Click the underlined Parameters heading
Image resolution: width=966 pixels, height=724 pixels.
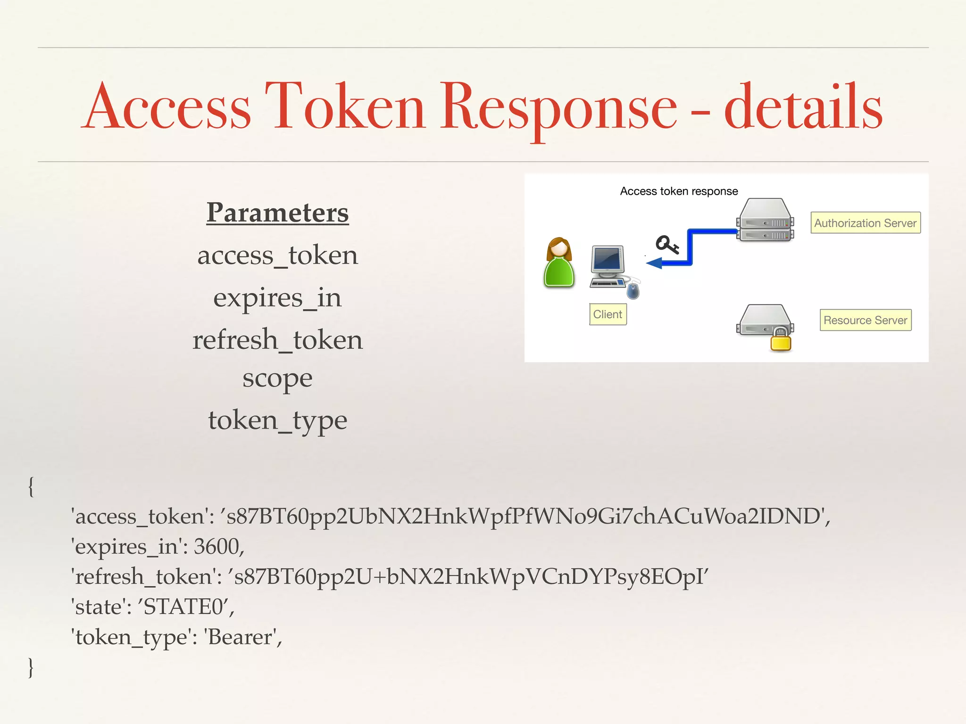[x=277, y=213]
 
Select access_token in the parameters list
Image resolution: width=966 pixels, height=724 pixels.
[x=277, y=256]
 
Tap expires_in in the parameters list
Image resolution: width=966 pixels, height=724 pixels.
[x=277, y=298]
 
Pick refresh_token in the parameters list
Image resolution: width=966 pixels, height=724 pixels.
[x=277, y=340]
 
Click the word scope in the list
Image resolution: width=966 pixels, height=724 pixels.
[x=277, y=378]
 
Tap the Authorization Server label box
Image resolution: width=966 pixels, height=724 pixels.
[x=865, y=222]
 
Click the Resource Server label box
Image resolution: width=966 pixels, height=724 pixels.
[x=865, y=320]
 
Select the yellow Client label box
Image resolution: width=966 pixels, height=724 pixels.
[x=608, y=314]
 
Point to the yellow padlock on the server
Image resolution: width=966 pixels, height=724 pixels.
[x=781, y=340]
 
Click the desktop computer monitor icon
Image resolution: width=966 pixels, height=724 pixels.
[x=608, y=262]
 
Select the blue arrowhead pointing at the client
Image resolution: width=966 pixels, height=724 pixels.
[x=655, y=263]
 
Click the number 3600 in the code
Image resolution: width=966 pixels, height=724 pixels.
[x=217, y=547]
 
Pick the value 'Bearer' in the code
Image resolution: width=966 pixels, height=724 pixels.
[x=241, y=637]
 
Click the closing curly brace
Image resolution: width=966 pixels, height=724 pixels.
[x=31, y=667]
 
